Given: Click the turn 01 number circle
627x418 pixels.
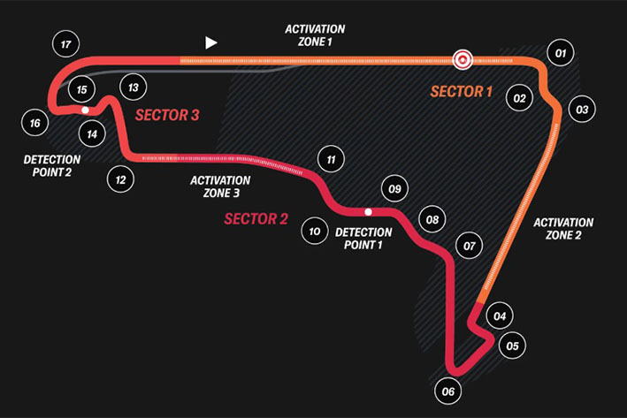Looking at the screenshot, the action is click(561, 53).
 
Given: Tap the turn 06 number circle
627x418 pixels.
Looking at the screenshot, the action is click(447, 391).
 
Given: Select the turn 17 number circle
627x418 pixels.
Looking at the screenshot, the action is click(66, 44).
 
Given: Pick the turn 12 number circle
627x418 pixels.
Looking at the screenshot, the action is click(120, 179).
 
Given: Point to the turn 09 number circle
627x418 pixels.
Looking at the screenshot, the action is click(394, 188).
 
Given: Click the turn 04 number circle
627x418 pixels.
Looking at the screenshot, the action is click(500, 316).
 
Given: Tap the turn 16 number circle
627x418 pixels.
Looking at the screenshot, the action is click(34, 123).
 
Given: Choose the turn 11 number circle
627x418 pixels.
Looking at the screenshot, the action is click(331, 159).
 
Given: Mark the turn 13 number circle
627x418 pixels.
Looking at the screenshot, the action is click(134, 87).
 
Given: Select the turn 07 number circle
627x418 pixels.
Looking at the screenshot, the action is click(469, 246).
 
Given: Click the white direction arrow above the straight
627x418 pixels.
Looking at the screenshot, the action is click(210, 42).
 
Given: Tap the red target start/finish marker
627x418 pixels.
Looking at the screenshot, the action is click(463, 60).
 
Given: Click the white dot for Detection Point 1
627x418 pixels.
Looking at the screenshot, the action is click(368, 212).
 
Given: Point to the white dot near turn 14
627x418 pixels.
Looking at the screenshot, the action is click(85, 110).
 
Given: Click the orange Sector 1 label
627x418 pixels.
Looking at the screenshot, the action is click(461, 92).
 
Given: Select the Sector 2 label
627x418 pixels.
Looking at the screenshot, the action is click(256, 219).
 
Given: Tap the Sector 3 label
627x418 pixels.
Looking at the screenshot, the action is click(167, 115).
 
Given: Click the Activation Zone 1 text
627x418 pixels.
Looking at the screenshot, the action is click(315, 35).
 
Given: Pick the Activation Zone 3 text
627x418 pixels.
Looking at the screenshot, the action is click(220, 186).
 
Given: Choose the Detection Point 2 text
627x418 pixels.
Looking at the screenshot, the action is click(52, 166).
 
